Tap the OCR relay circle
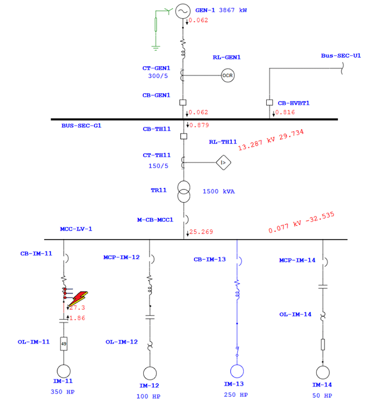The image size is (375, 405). (x=228, y=75)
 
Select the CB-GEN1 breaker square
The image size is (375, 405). (x=183, y=103)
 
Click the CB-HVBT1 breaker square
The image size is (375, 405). (x=269, y=103)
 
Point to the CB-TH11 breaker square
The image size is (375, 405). (x=183, y=136)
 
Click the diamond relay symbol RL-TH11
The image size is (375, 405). (x=223, y=163)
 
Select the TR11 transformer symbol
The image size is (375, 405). (x=183, y=192)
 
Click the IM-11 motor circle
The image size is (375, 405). (x=64, y=372)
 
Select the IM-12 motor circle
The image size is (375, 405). (x=149, y=373)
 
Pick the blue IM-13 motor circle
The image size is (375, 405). (x=237, y=371)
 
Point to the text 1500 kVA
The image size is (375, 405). (x=219, y=192)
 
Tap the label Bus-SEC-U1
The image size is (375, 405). (x=341, y=56)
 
